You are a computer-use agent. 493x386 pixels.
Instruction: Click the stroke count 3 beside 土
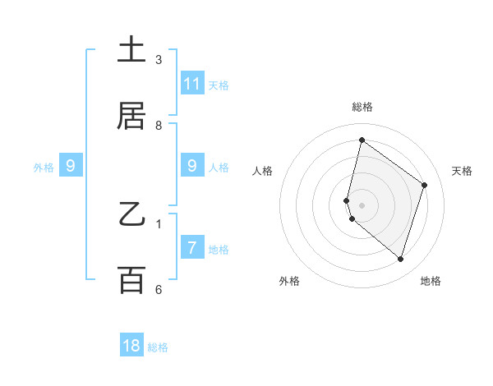pos(159,59)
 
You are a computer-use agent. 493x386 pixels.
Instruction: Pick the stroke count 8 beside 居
pos(159,125)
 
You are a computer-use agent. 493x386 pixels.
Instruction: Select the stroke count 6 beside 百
pos(159,289)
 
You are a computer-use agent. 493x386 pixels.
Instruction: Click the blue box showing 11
pos(192,84)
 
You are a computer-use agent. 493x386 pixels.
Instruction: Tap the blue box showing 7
pos(192,248)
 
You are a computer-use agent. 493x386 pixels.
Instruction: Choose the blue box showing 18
pos(131,346)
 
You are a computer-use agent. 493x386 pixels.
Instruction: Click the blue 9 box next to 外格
pos(71,166)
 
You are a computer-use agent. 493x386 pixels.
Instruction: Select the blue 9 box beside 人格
pos(192,166)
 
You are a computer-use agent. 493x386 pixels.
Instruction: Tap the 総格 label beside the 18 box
pos(158,347)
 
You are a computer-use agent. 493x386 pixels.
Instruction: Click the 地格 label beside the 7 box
pos(219,250)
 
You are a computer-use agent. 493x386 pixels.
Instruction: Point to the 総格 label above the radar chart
pos(362,107)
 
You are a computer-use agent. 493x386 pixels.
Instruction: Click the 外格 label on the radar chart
pos(289,281)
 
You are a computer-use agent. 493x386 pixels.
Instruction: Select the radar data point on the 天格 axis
pos(425,185)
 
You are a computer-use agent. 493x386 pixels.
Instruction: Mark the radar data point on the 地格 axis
pos(400,260)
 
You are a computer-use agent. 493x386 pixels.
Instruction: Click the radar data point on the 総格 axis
pos(362,140)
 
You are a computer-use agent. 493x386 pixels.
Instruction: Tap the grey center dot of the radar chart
pos(362,204)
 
